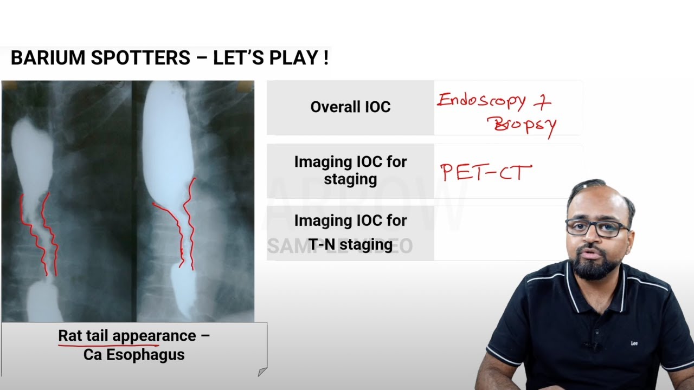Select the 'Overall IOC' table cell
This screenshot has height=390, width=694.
click(350, 107)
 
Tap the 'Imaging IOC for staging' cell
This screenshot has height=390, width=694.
click(350, 170)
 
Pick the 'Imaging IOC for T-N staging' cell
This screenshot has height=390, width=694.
click(350, 232)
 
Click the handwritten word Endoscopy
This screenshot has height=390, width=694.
click(481, 101)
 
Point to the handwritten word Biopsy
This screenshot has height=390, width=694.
click(522, 125)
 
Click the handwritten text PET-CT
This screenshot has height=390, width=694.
click(486, 173)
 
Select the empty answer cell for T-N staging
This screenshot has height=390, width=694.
click(488, 233)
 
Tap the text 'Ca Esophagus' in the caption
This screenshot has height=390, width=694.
click(134, 355)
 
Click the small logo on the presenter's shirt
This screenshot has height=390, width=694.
click(634, 343)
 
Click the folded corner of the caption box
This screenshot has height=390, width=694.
click(262, 372)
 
